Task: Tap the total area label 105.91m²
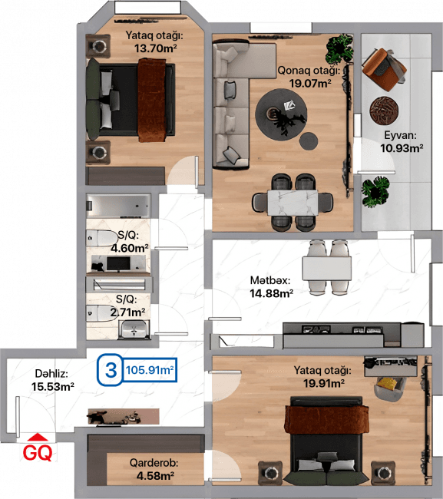(x=149, y=370)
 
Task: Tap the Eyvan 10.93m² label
(x=402, y=141)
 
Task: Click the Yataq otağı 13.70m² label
(x=153, y=41)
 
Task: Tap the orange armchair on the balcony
(x=384, y=66)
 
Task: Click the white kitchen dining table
(x=327, y=267)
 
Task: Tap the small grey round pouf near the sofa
(x=309, y=141)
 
